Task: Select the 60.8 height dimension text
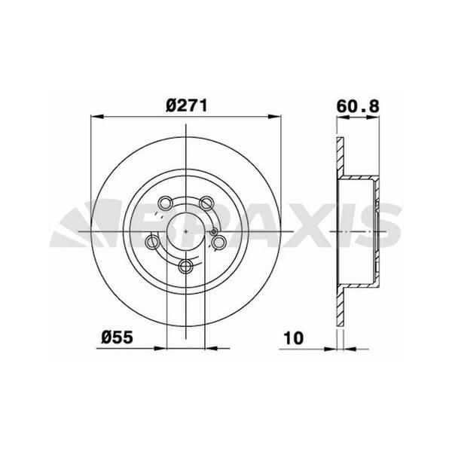click(357, 106)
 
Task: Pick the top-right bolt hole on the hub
click(206, 202)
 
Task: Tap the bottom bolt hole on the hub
click(186, 266)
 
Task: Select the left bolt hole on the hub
click(153, 242)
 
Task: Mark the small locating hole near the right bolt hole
click(215, 231)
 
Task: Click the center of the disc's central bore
click(185, 231)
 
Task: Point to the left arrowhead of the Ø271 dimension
click(95, 117)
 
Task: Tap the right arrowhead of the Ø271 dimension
click(276, 117)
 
